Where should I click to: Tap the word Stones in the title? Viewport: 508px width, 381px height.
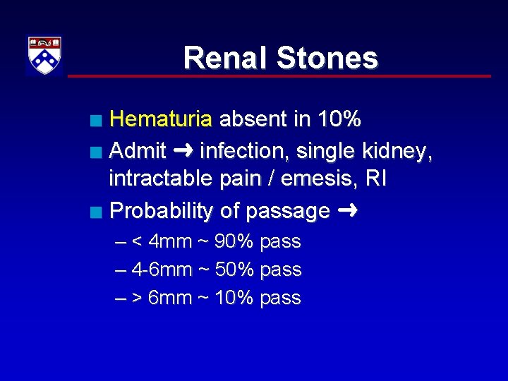point(327,58)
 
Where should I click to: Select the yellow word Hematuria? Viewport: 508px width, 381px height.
point(161,119)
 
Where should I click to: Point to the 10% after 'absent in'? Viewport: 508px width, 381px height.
point(339,119)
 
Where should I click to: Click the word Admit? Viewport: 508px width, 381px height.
point(138,150)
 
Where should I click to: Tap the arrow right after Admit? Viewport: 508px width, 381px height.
point(183,150)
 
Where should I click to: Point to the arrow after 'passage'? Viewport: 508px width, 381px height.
point(346,210)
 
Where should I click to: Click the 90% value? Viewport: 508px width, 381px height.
point(234,242)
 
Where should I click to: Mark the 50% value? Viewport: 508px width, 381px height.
point(234,270)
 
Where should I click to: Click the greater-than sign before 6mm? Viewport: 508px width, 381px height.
point(137,298)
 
